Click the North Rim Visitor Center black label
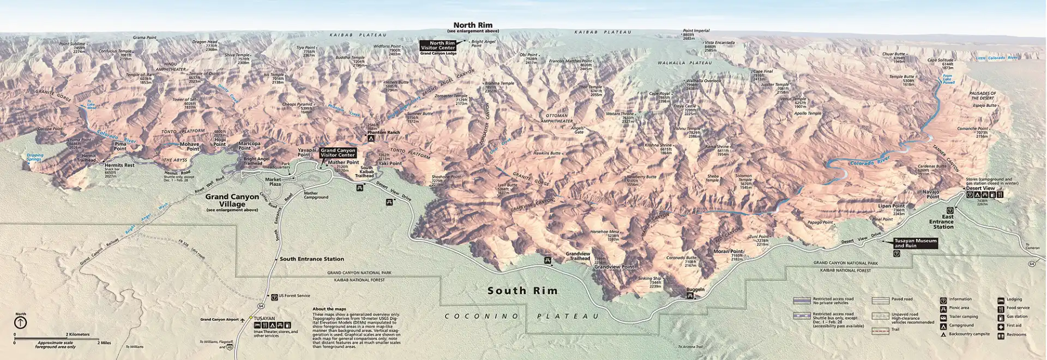click(438, 45)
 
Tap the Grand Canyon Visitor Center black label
click(338, 152)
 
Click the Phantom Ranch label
click(383, 133)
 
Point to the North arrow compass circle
click(20, 322)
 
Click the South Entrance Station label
click(311, 259)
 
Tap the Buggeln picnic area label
click(695, 290)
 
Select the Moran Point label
click(729, 251)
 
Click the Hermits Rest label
click(119, 165)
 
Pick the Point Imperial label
click(696, 31)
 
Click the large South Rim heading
click(522, 291)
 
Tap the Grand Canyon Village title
click(232, 200)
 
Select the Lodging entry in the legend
click(1014, 299)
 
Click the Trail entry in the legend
click(896, 329)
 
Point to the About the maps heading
click(329, 309)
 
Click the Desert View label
click(980, 188)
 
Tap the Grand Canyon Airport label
click(219, 320)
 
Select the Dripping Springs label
click(34, 158)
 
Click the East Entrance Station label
click(941, 221)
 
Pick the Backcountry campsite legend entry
click(969, 334)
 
